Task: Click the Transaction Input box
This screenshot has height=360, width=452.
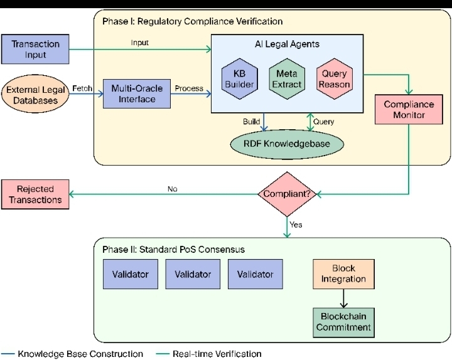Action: point(35,50)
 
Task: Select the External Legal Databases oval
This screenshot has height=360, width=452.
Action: point(37,95)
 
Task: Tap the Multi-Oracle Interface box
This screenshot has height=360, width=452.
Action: point(136,94)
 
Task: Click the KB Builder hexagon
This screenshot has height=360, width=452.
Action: point(239,79)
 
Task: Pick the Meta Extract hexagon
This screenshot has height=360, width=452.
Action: point(287,79)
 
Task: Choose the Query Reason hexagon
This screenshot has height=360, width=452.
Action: point(334,79)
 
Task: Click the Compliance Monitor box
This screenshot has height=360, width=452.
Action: point(409,109)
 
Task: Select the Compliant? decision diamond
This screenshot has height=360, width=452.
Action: point(287,194)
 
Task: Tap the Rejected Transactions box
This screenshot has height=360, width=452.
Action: point(35,194)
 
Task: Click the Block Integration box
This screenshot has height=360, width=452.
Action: point(343,273)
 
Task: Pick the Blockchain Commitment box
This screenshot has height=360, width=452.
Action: point(343,322)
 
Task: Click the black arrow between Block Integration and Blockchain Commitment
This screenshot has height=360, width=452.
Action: point(343,298)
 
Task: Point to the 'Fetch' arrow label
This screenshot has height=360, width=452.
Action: point(82,88)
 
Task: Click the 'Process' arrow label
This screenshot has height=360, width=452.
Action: point(189,88)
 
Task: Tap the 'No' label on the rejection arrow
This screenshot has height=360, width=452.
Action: point(173,189)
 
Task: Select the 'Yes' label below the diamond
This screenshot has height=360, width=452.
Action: point(296,225)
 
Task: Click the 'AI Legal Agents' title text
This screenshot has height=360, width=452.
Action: point(287,44)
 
